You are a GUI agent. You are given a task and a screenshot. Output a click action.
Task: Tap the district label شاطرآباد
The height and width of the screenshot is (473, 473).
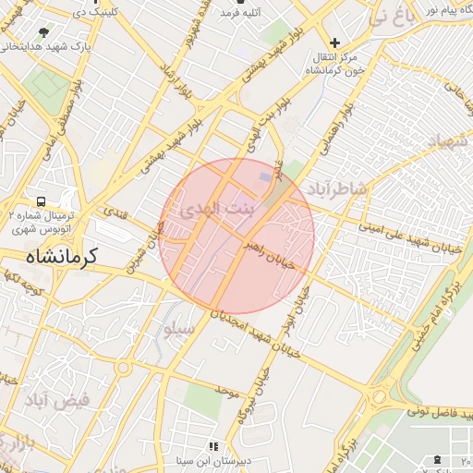tap(341, 188)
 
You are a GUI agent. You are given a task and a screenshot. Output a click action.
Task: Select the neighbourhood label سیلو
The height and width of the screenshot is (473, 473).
tap(178, 328)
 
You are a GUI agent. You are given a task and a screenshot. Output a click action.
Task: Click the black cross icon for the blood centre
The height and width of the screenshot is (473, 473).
tap(335, 42)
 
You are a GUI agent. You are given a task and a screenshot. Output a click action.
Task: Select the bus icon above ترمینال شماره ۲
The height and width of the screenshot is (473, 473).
tap(41, 200)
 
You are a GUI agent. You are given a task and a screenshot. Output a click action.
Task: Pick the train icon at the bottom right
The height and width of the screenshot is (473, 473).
tap(437, 460)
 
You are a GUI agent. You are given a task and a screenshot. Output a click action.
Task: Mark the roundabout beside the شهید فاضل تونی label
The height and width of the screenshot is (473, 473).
tap(379, 396)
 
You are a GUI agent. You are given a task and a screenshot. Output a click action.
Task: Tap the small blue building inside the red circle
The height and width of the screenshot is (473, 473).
tap(266, 176)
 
